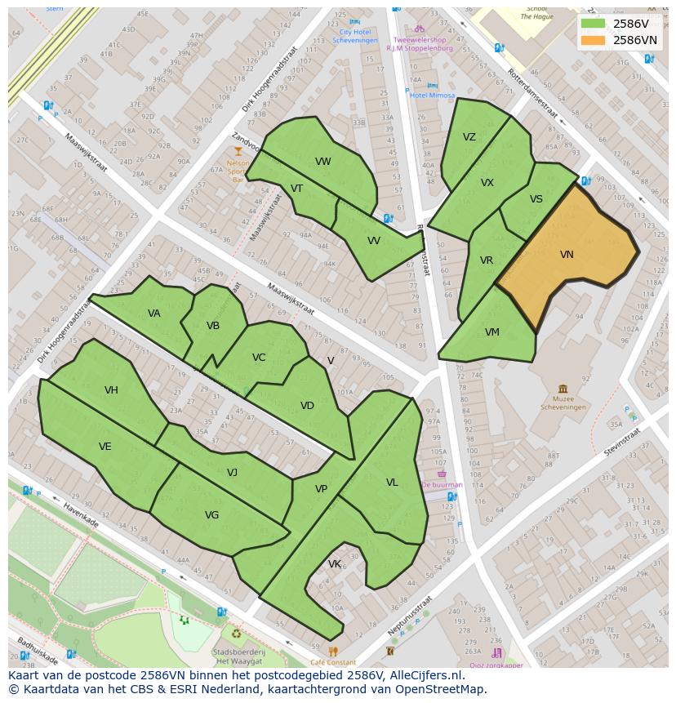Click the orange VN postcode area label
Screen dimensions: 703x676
tap(567, 255)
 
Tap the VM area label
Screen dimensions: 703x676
tap(491, 332)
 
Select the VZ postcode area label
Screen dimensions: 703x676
tap(469, 137)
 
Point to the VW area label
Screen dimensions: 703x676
tap(323, 162)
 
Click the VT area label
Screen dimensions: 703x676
tap(296, 189)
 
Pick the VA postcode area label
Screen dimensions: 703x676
tap(154, 314)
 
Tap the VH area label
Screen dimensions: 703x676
tap(111, 390)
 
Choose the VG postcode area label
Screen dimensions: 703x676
tap(211, 515)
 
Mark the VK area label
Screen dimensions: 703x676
tap(335, 564)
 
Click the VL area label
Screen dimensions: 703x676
tap(392, 483)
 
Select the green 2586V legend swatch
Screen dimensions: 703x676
tap(593, 24)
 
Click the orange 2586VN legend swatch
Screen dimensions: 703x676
tap(593, 40)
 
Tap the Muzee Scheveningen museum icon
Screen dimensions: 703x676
tap(563, 389)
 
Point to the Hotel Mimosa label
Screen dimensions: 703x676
tap(433, 96)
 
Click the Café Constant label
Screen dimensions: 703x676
tap(333, 662)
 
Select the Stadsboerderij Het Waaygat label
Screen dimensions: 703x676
tap(238, 656)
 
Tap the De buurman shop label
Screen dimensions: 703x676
tap(443, 484)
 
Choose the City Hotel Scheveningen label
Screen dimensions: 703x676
tap(354, 36)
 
